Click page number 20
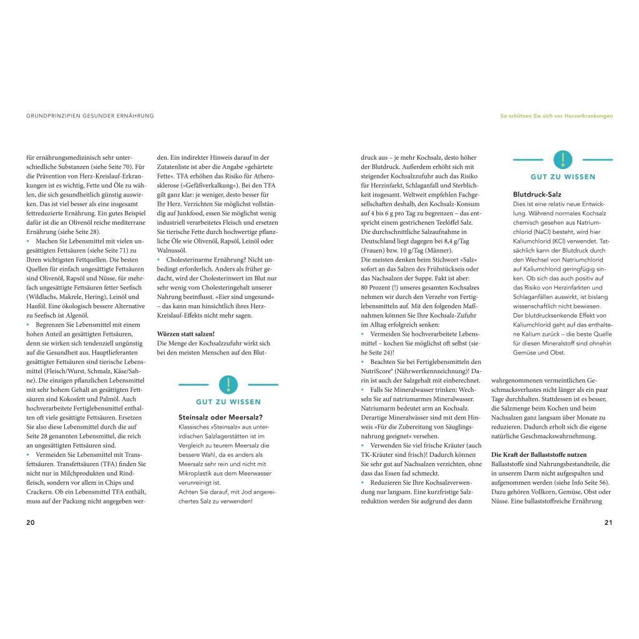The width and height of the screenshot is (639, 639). click(31, 522)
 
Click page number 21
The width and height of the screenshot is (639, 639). click(608, 522)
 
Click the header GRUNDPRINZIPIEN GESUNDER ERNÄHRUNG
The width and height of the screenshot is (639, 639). click(90, 115)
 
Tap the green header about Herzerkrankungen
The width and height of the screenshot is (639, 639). click(557, 115)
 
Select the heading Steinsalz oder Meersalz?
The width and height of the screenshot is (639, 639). click(220, 417)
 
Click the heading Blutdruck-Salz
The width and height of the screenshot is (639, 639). click(537, 194)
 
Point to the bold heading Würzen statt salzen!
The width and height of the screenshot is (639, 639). click(186, 334)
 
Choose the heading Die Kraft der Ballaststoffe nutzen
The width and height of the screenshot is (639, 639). click(539, 454)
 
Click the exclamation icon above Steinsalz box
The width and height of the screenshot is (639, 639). click(228, 384)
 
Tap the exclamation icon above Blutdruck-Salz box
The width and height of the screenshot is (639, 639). click(563, 160)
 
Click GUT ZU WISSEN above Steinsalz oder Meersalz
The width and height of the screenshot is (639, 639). click(228, 402)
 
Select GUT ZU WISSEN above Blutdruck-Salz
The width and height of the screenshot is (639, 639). click(563, 177)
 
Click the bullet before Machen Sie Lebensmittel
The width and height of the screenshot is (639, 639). click(28, 241)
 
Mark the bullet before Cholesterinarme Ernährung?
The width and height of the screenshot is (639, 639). click(159, 258)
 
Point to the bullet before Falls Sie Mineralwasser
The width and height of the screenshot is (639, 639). click(363, 389)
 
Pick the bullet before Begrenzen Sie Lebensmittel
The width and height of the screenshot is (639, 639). click(28, 325)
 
